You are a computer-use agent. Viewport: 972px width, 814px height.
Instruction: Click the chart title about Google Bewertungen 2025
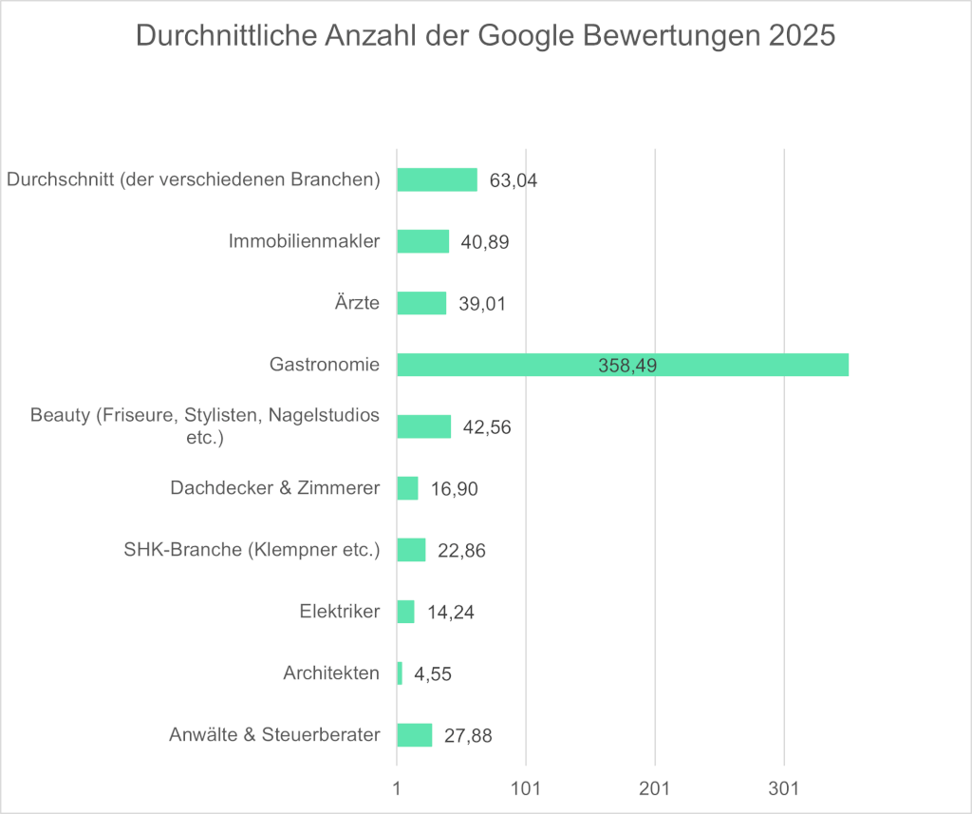coord(485,35)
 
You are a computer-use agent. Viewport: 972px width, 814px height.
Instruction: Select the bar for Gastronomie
coord(622,365)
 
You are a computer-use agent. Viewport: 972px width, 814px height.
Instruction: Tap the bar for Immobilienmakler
coord(422,241)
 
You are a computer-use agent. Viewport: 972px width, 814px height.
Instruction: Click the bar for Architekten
coord(400,673)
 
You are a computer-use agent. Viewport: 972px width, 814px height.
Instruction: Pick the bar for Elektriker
coord(405,612)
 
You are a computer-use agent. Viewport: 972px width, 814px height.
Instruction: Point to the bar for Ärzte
coord(421,303)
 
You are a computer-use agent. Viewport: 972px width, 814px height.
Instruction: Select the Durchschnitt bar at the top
coord(437,180)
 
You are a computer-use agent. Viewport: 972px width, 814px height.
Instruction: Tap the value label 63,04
coord(514,180)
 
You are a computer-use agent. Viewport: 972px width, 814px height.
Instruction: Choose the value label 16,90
coord(454,489)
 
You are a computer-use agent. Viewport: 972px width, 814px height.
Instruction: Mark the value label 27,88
coord(467,736)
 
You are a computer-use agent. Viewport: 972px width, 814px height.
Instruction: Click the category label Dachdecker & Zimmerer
coord(275,488)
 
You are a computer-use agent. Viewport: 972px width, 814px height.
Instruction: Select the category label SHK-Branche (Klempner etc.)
coord(252,550)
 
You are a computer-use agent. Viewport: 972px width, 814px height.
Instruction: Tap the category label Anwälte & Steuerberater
coord(274,735)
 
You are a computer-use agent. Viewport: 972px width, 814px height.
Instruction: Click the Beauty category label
coord(205,426)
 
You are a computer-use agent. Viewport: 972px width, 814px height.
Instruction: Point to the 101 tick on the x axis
coord(526,789)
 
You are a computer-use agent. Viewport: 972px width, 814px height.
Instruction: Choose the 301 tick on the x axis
coord(784,789)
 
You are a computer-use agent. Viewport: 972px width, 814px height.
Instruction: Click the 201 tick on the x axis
coord(655,789)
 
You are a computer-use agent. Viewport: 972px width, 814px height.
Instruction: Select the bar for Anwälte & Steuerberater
coord(414,735)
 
